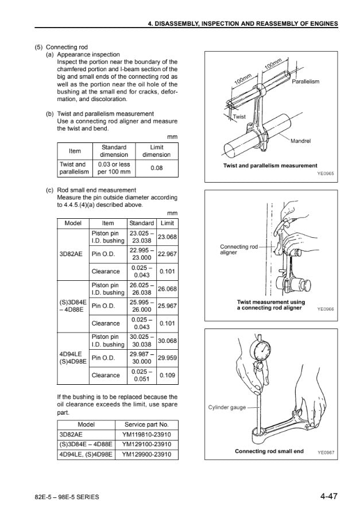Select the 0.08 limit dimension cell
coord(156,168)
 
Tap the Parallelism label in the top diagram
coord(305,82)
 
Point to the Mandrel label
coord(301,141)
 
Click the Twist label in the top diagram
coord(239,117)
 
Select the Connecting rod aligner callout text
coord(239,249)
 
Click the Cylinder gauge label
coord(227,408)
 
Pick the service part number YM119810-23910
coord(146,435)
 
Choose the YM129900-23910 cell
coord(146,454)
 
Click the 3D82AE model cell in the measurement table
coord(73,254)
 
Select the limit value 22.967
coord(167,254)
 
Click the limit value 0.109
coord(167,375)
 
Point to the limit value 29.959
coord(167,358)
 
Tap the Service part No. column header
coord(146,425)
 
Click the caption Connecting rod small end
coord(269,451)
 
